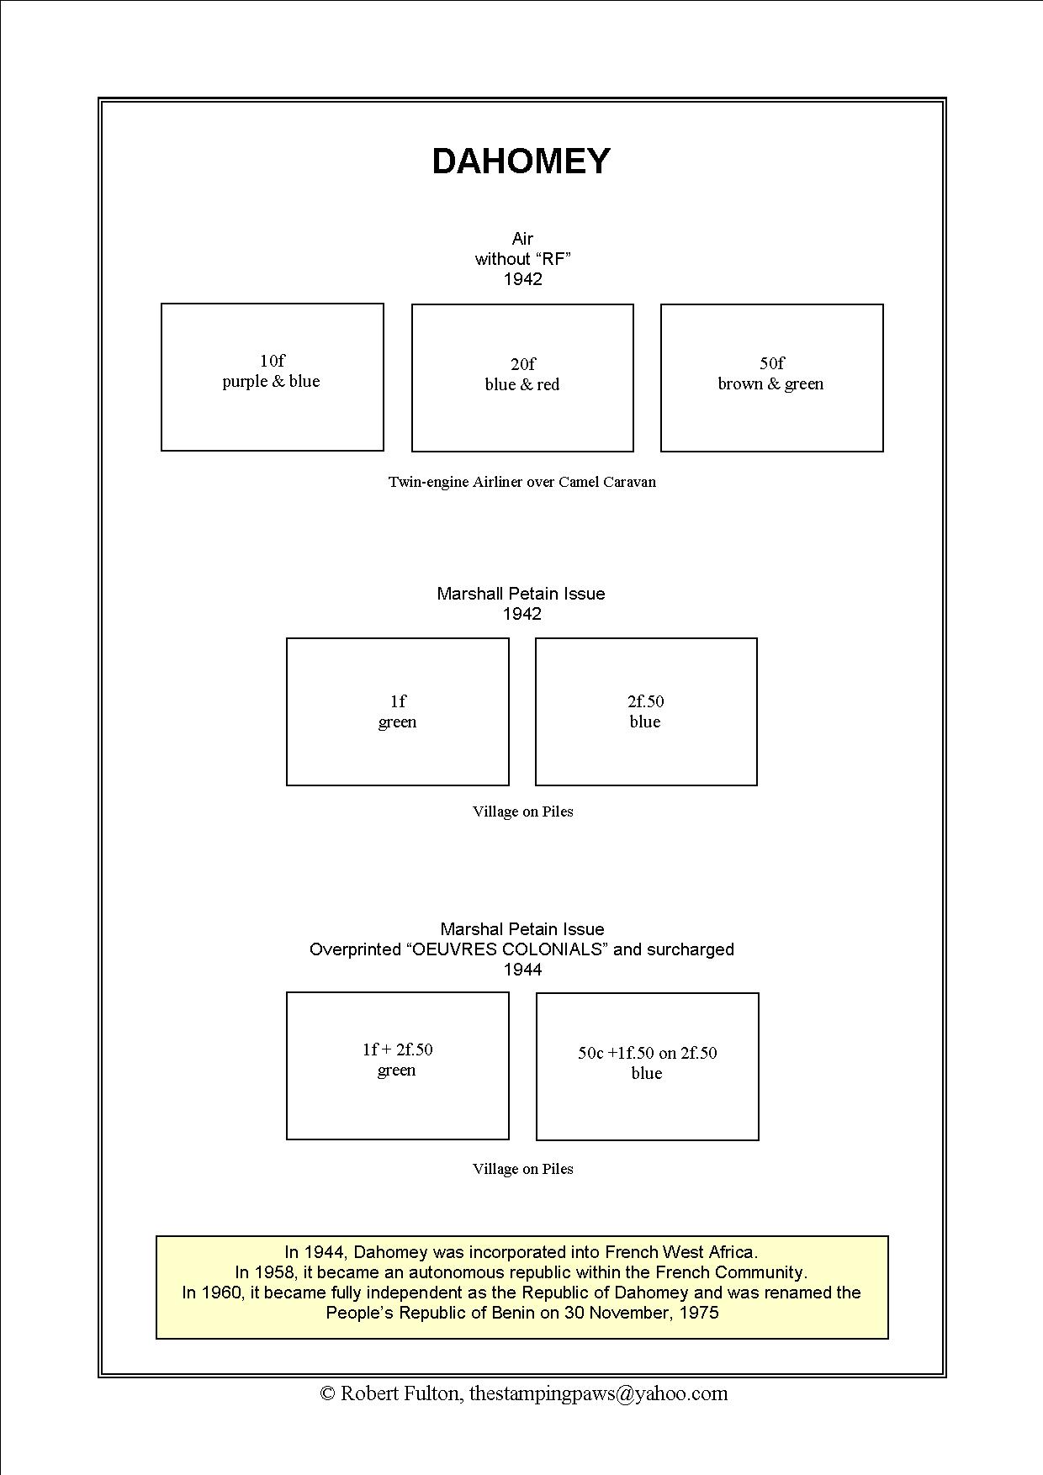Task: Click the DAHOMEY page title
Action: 521,161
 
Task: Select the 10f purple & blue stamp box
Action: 272,377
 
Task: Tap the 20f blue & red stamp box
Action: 521,378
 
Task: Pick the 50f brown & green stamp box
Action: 771,378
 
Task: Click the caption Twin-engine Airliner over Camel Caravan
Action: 521,482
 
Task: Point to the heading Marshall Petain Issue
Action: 521,594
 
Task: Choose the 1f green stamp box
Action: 397,711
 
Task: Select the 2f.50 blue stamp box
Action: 645,711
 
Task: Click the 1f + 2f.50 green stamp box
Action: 397,1065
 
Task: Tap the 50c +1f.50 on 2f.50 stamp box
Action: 647,1066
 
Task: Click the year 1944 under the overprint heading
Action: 522,970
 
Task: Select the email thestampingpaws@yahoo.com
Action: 598,1393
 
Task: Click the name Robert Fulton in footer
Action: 400,1393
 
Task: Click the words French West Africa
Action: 681,1252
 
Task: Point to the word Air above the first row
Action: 522,239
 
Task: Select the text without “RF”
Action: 522,259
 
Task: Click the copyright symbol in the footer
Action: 328,1393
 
